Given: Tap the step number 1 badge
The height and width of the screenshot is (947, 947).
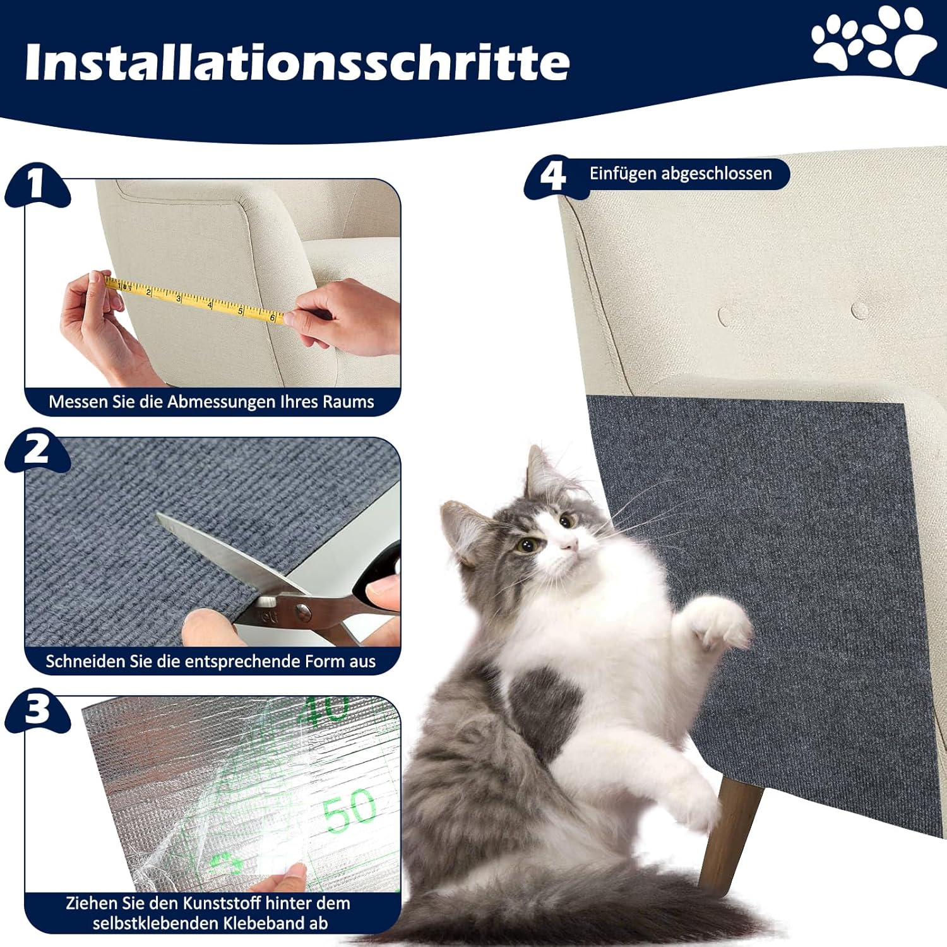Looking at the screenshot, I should click(x=36, y=184).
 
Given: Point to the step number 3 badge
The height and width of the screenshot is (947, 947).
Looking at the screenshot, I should click(x=37, y=708).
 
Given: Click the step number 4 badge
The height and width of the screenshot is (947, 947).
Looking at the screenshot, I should click(x=553, y=176).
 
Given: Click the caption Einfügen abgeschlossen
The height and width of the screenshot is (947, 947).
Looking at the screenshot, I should click(x=680, y=174).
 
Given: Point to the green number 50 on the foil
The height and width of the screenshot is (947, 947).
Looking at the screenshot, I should click(x=348, y=810).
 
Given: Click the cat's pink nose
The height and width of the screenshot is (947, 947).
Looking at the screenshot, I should click(x=570, y=544).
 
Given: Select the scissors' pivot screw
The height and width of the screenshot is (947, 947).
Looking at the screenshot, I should click(x=304, y=610).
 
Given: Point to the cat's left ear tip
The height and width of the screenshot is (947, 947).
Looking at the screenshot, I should click(x=533, y=450).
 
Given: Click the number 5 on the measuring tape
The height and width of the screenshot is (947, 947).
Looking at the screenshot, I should click(x=241, y=311).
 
